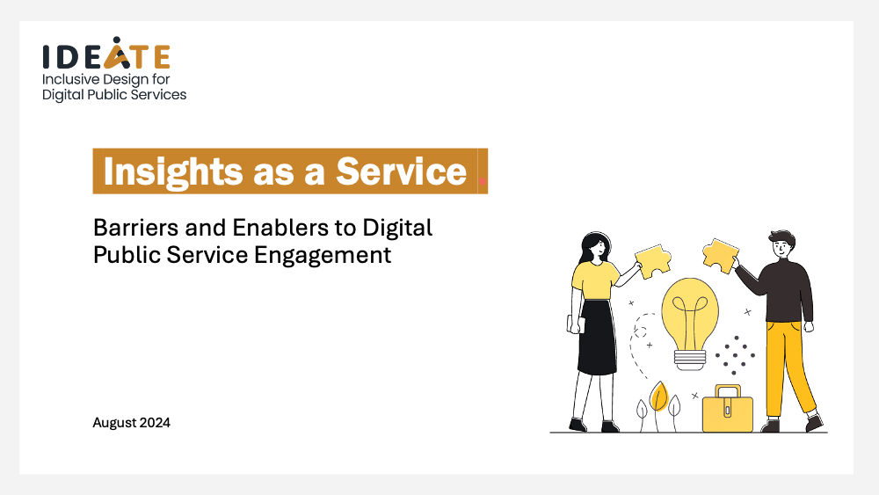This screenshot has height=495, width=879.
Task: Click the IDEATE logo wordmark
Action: (106, 54)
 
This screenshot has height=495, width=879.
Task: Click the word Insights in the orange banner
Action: (173, 171)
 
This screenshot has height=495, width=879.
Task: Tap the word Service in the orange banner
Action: (401, 171)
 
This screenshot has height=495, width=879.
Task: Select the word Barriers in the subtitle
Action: (135, 229)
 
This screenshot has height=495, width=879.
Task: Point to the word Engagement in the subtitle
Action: (323, 256)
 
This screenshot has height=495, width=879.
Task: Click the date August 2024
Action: (131, 423)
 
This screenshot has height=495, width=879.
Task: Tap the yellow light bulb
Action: (689, 322)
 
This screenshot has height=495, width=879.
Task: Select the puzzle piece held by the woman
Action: (654, 260)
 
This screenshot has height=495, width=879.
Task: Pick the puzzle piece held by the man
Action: (720, 255)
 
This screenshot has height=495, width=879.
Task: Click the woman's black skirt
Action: (597, 338)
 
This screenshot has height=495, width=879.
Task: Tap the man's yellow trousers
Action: (788, 368)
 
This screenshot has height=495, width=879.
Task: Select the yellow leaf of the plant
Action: (659, 397)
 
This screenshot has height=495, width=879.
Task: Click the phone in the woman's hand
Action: (577, 325)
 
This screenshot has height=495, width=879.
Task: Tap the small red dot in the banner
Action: (483, 181)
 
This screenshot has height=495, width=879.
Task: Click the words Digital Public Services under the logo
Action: (114, 95)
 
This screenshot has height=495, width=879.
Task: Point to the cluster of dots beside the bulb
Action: (735, 355)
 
